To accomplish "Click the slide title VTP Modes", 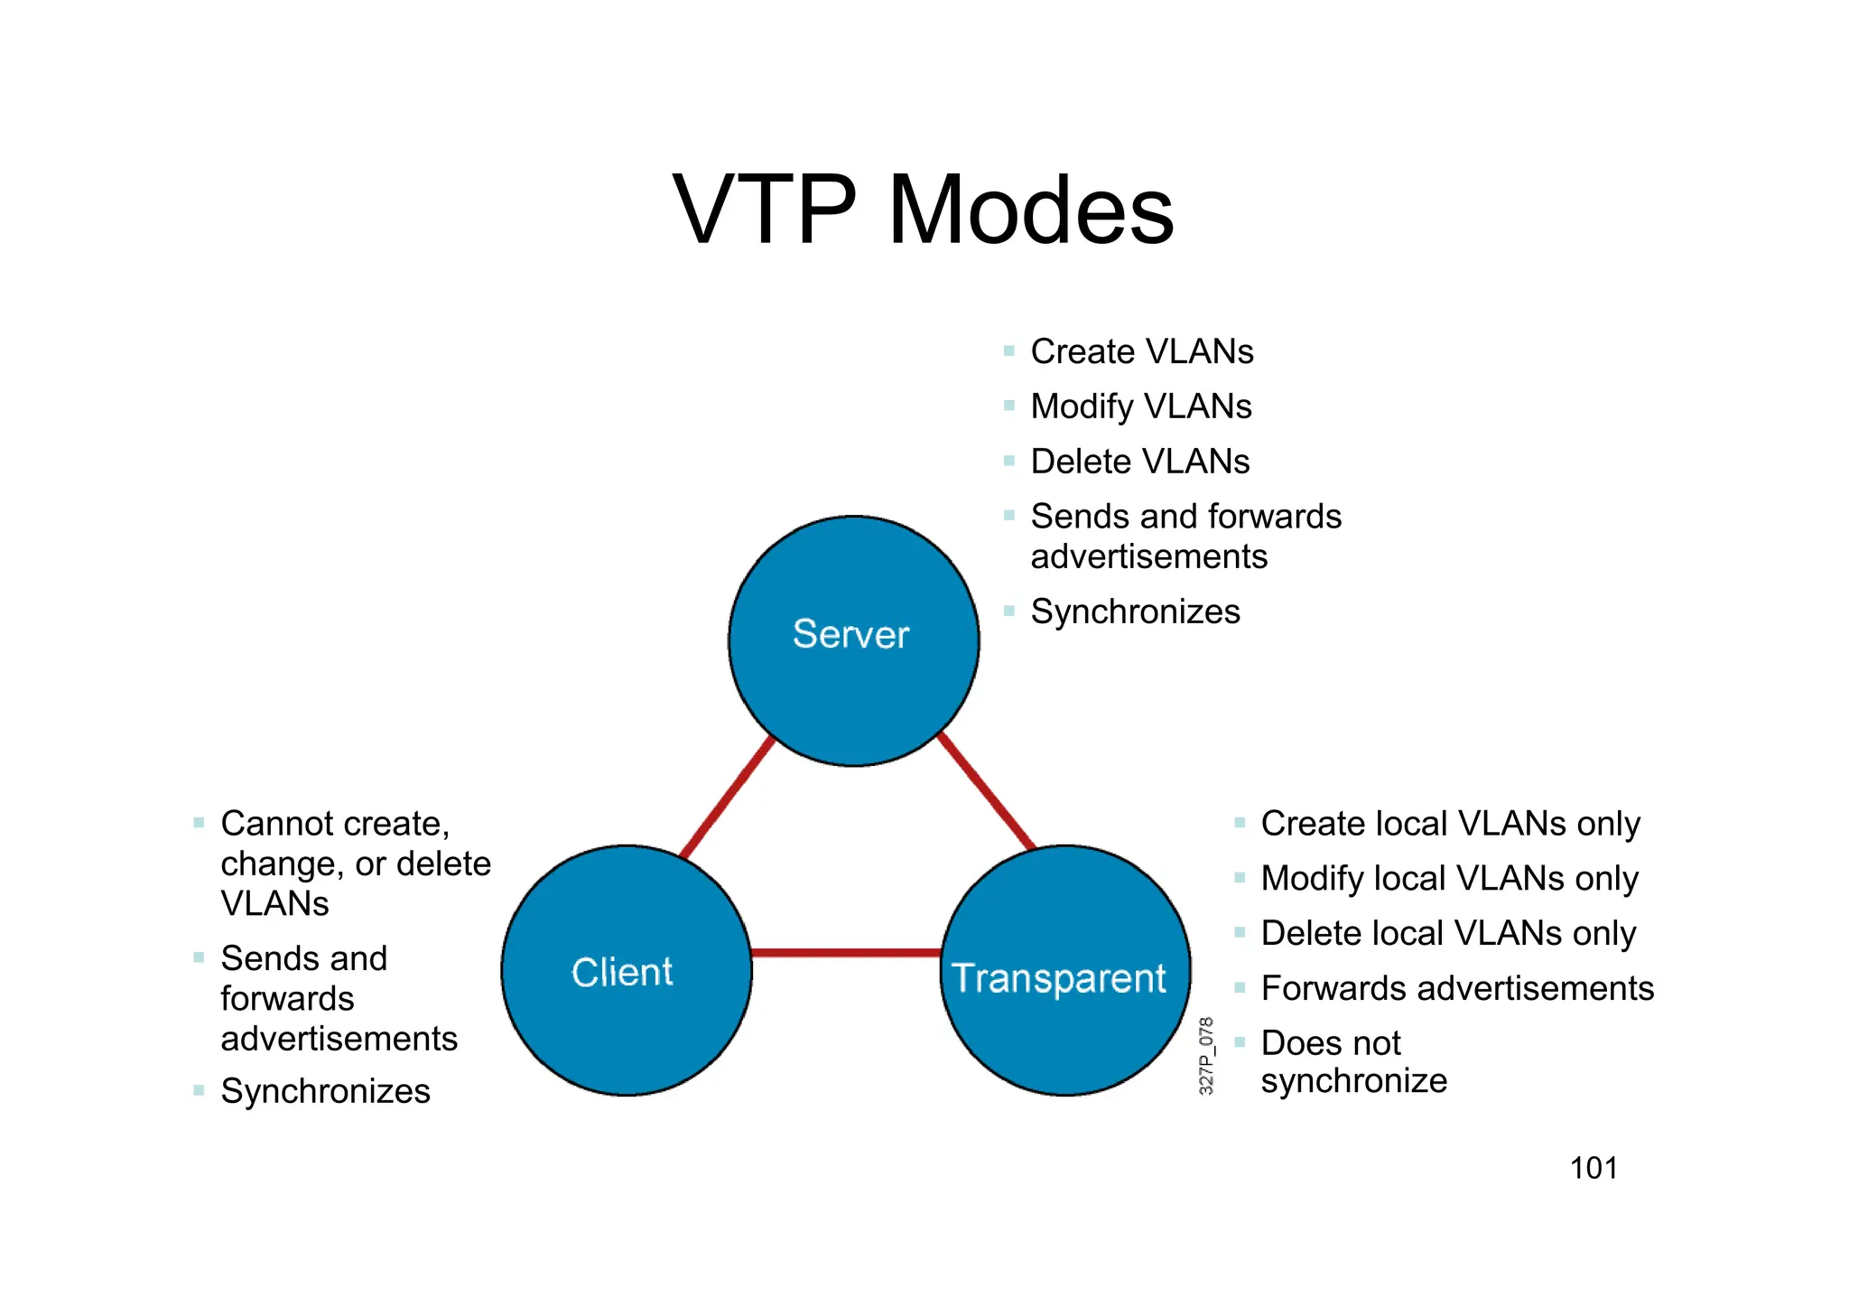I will pos(923,210).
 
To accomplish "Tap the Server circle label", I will pos(850,634).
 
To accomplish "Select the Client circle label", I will pos(622,973).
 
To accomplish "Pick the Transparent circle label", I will pos(1059,978).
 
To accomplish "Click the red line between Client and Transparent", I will pos(845,952).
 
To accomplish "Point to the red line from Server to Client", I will pos(727,798).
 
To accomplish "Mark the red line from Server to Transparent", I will pos(986,792).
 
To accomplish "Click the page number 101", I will pos(1593,1168).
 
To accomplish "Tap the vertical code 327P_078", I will pos(1206,1055).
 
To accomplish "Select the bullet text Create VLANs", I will pos(1142,351).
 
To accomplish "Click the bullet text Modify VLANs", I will pos(1141,406).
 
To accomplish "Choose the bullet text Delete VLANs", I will pos(1140,462).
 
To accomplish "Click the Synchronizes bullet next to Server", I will pos(1135,611).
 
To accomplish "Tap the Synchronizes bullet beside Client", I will pos(325,1091).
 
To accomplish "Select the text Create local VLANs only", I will pos(1450,824).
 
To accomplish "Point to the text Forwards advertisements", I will pos(1457,988).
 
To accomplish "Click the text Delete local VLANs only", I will pos(1448,933).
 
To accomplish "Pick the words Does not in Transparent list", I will pos(1331,1043).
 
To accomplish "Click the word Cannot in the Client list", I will pos(277,824).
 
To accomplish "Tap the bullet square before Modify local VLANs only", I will pos(1240,877).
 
